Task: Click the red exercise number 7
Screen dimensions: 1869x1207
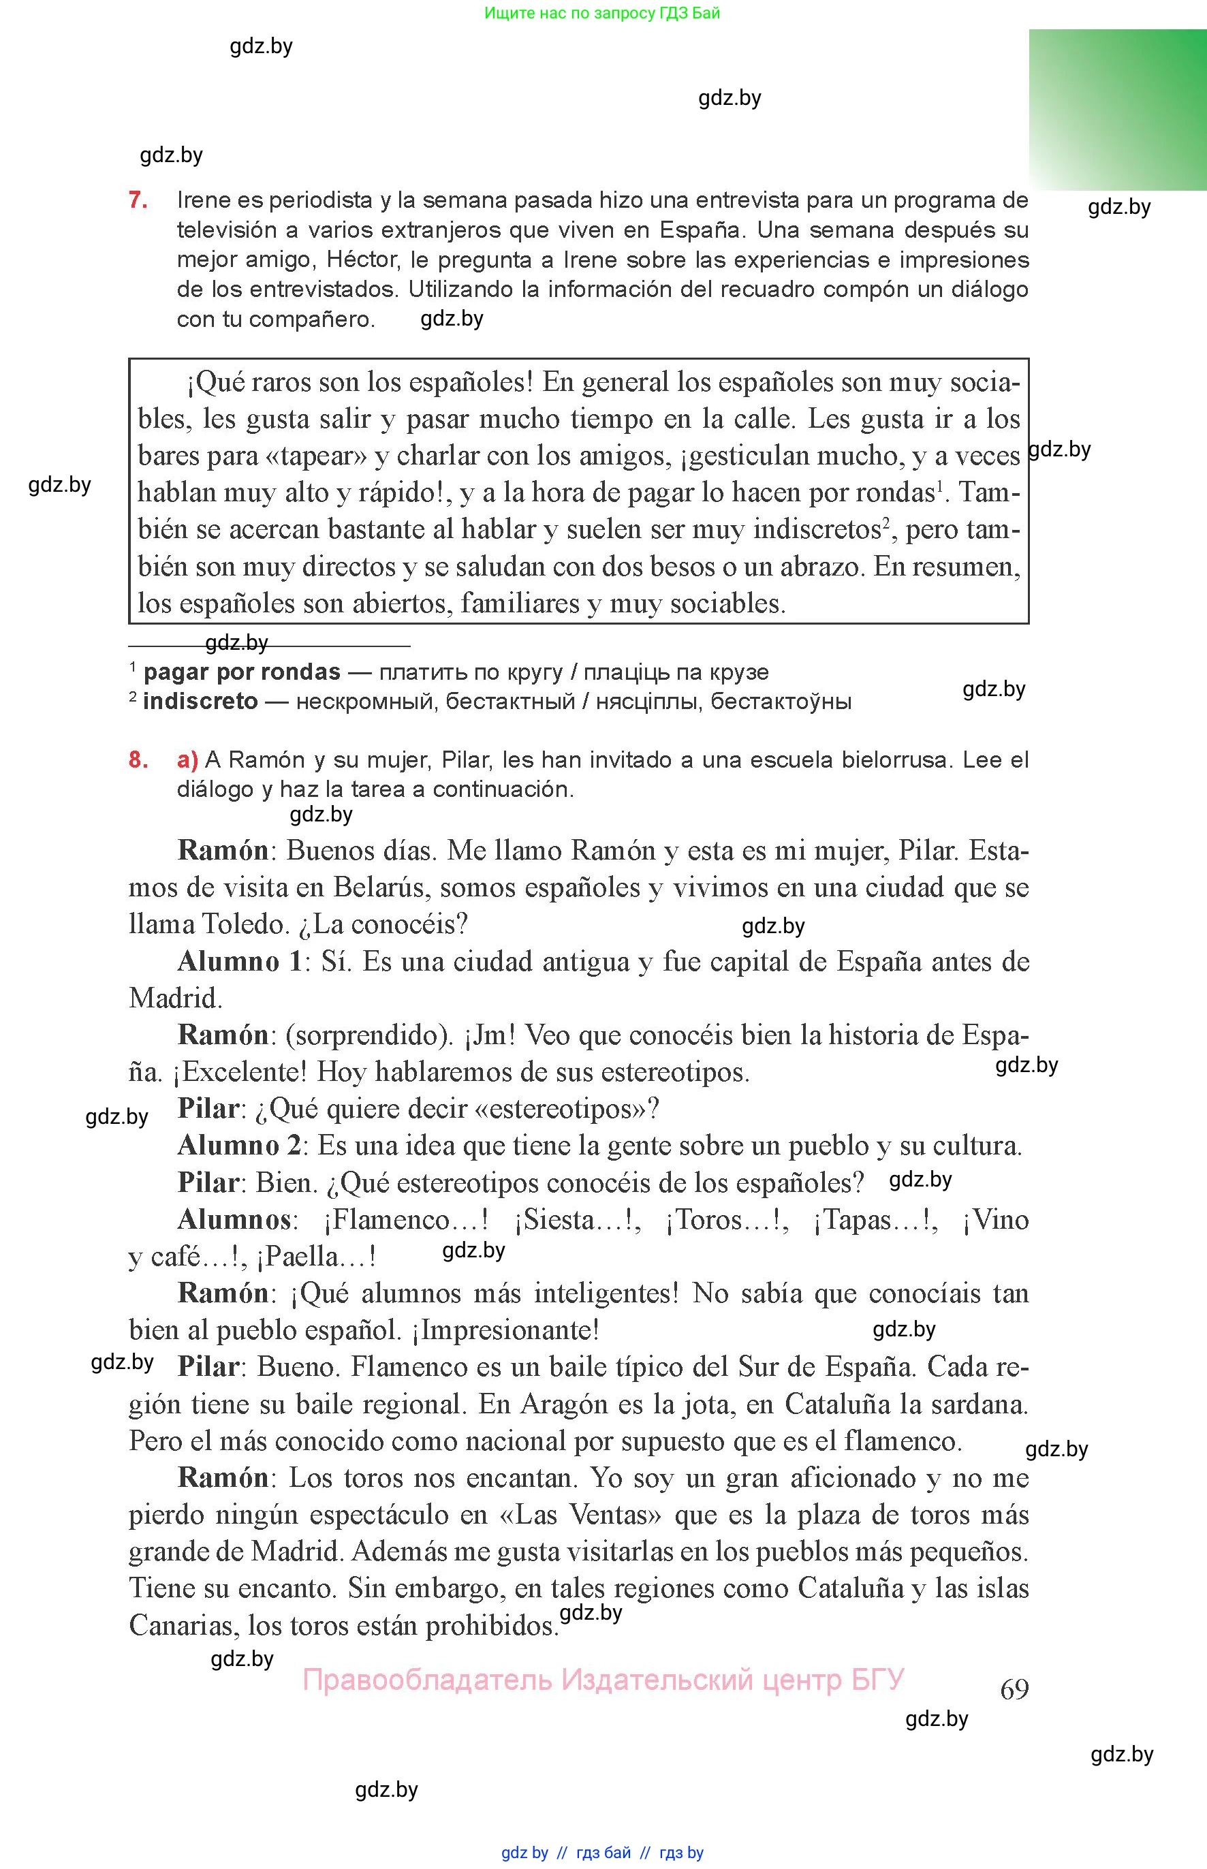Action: [x=138, y=201]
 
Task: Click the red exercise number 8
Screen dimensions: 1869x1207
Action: [x=138, y=759]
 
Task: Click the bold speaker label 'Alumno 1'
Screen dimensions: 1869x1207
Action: [x=239, y=961]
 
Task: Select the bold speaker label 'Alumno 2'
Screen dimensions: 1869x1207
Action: [x=239, y=1145]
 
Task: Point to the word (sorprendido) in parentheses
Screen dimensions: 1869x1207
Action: [x=369, y=1035]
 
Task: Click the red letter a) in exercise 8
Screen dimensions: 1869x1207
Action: [x=187, y=759]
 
